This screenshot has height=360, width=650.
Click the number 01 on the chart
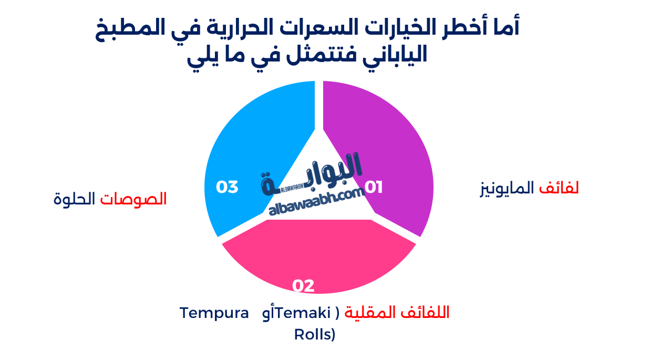(374, 187)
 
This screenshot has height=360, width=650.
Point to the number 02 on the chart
(303, 285)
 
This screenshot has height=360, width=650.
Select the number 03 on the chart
(228, 187)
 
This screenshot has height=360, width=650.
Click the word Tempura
(214, 313)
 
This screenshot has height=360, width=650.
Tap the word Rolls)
(315, 334)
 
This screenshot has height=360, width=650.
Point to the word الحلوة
(75, 199)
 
